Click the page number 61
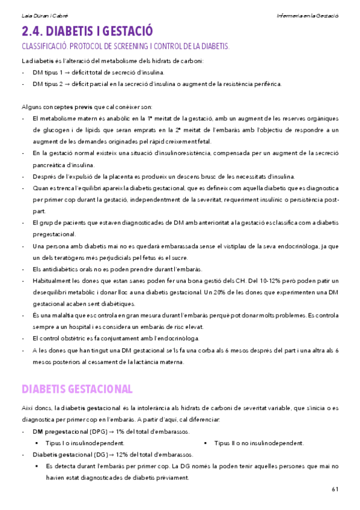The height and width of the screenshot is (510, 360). [335, 489]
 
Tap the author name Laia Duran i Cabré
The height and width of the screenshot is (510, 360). [37, 13]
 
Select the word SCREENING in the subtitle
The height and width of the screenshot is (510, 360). [133, 46]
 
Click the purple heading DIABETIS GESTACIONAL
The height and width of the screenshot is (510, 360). [77, 389]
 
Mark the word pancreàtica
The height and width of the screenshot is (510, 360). [52, 164]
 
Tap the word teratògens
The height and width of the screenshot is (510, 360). [70, 257]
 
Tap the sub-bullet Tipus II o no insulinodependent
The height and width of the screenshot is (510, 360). [258, 443]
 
